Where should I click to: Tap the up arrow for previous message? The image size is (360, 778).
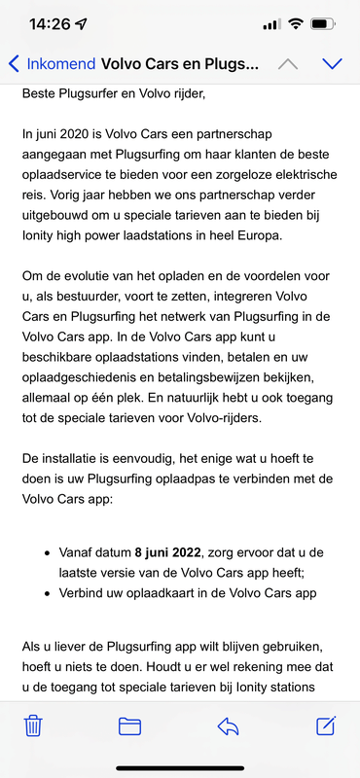pyautogui.click(x=287, y=64)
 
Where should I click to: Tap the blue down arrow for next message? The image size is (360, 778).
pyautogui.click(x=332, y=64)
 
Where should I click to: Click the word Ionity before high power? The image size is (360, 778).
pyautogui.click(x=40, y=237)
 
